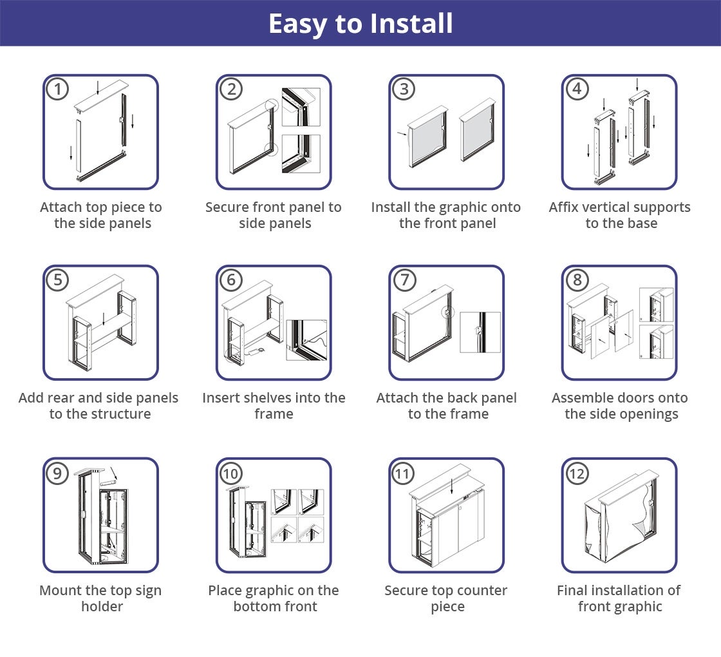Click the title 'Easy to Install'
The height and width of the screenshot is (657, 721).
pos(360,23)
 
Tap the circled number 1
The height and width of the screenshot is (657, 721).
pos(58,89)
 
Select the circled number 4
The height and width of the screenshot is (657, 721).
pos(577,89)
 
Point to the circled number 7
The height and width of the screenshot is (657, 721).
pos(404,280)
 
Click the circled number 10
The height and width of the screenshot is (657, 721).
pos(231,473)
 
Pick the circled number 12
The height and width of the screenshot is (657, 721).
pos(577,473)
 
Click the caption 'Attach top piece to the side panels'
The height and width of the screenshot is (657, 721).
pos(101,215)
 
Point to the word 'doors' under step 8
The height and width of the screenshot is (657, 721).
pos(636,397)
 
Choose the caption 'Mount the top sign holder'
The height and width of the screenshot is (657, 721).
pos(100,598)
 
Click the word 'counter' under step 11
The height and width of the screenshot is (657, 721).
pos(482,590)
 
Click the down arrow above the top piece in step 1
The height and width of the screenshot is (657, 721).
pos(98,88)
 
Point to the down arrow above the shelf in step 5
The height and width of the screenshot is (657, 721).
pos(104,319)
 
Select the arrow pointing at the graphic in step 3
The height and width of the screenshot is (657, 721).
pos(402,133)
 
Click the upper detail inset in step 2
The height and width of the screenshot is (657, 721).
pos(301,107)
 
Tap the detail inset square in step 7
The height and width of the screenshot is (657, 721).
pos(480,332)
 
